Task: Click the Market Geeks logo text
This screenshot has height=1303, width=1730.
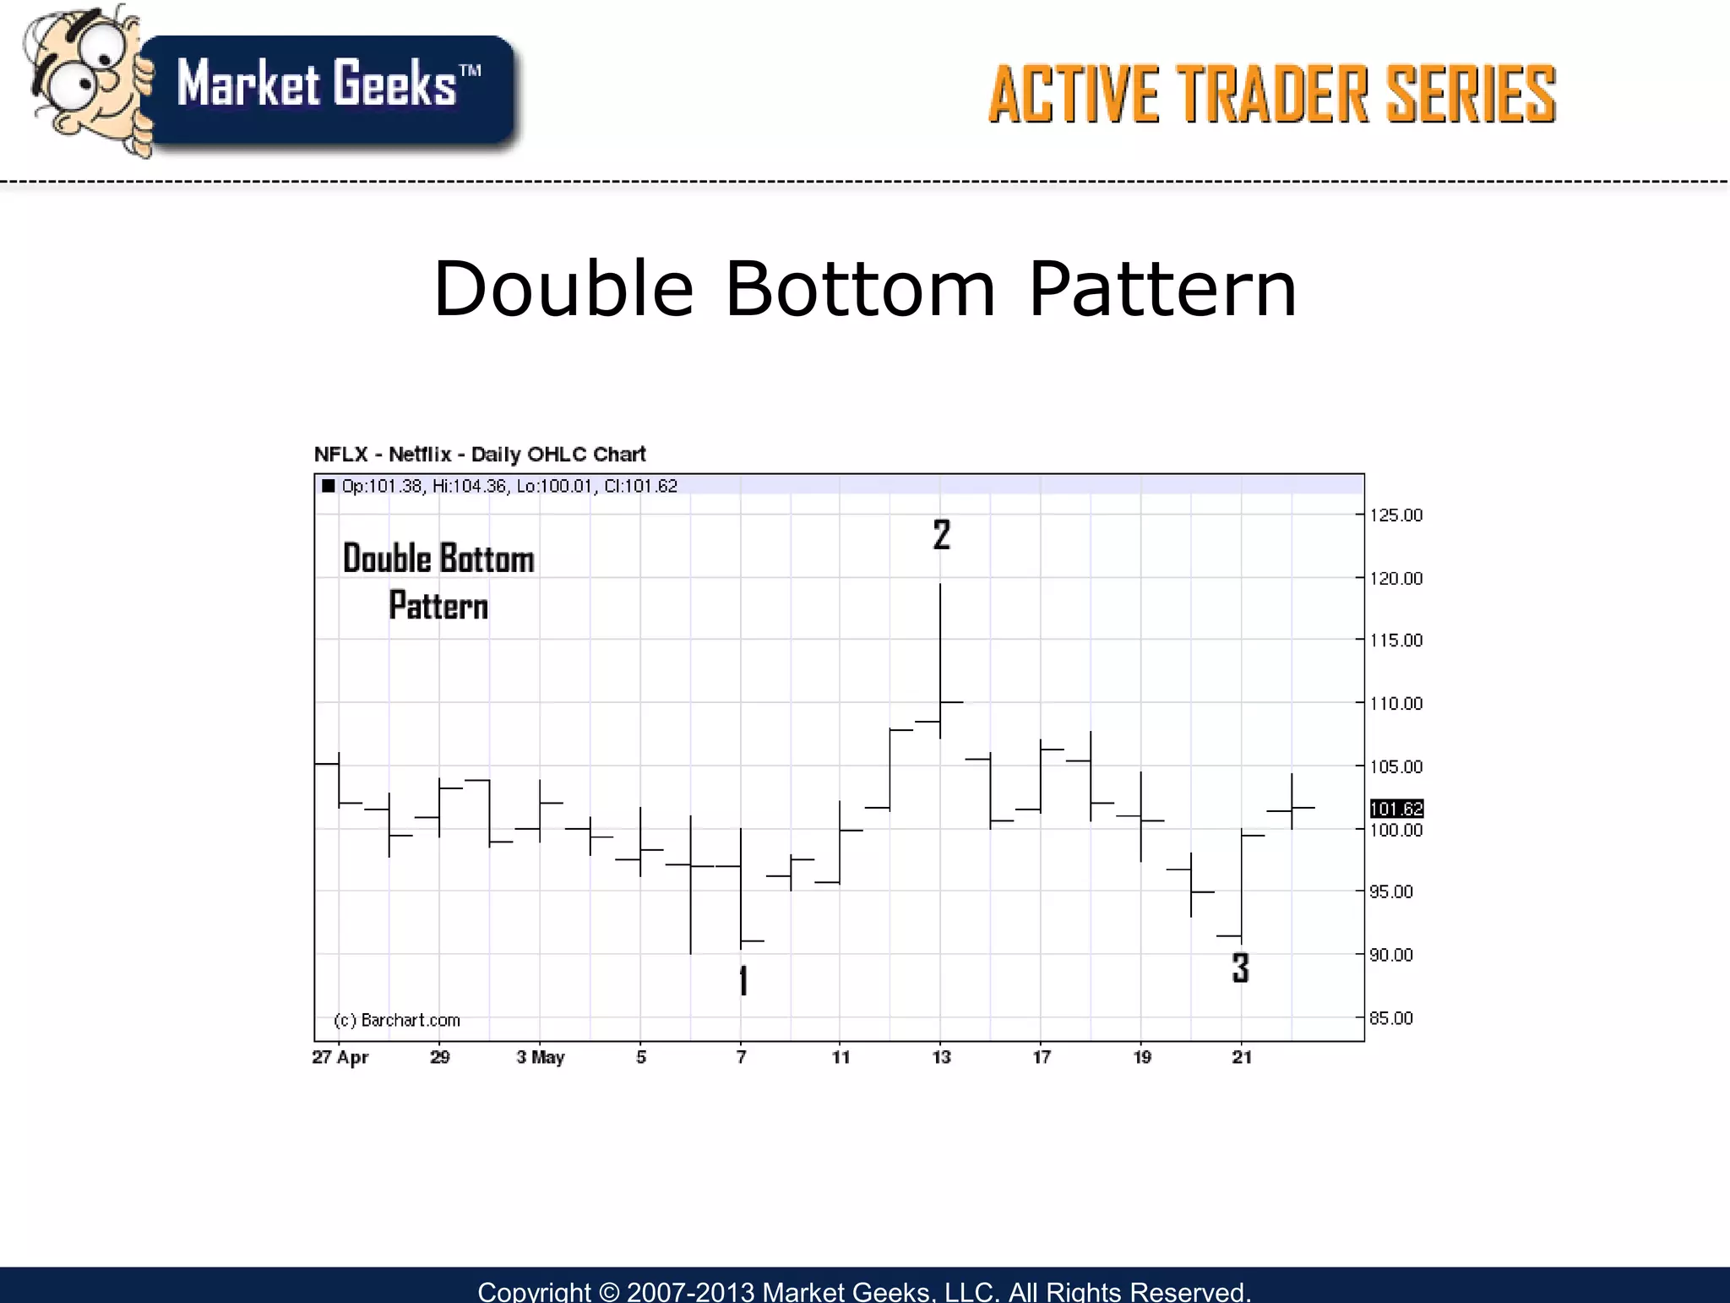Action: click(x=328, y=85)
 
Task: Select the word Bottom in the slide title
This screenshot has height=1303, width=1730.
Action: click(x=860, y=289)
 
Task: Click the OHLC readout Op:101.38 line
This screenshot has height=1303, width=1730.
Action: click(x=509, y=486)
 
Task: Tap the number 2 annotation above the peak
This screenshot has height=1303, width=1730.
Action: click(x=942, y=535)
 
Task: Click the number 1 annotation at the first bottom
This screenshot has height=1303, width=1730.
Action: click(x=743, y=980)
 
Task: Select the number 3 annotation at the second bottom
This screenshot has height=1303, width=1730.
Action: click(x=1240, y=968)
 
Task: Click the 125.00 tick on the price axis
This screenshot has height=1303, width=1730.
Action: click(x=1395, y=515)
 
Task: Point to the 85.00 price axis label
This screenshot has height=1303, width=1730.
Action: click(x=1390, y=1018)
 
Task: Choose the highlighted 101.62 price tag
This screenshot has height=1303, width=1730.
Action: click(x=1396, y=809)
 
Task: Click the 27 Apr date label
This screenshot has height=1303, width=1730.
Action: click(x=340, y=1057)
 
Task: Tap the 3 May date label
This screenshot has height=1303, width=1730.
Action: click(x=541, y=1057)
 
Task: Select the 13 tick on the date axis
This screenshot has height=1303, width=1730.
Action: click(x=941, y=1057)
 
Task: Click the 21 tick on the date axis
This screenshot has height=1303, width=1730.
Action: click(x=1242, y=1057)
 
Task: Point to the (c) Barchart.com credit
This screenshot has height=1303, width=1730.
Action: click(x=397, y=1020)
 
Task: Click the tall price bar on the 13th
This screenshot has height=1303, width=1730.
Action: click(x=940, y=659)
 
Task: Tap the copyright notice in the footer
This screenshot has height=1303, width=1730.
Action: click(x=864, y=1290)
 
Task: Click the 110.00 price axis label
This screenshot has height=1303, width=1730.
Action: click(x=1395, y=704)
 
